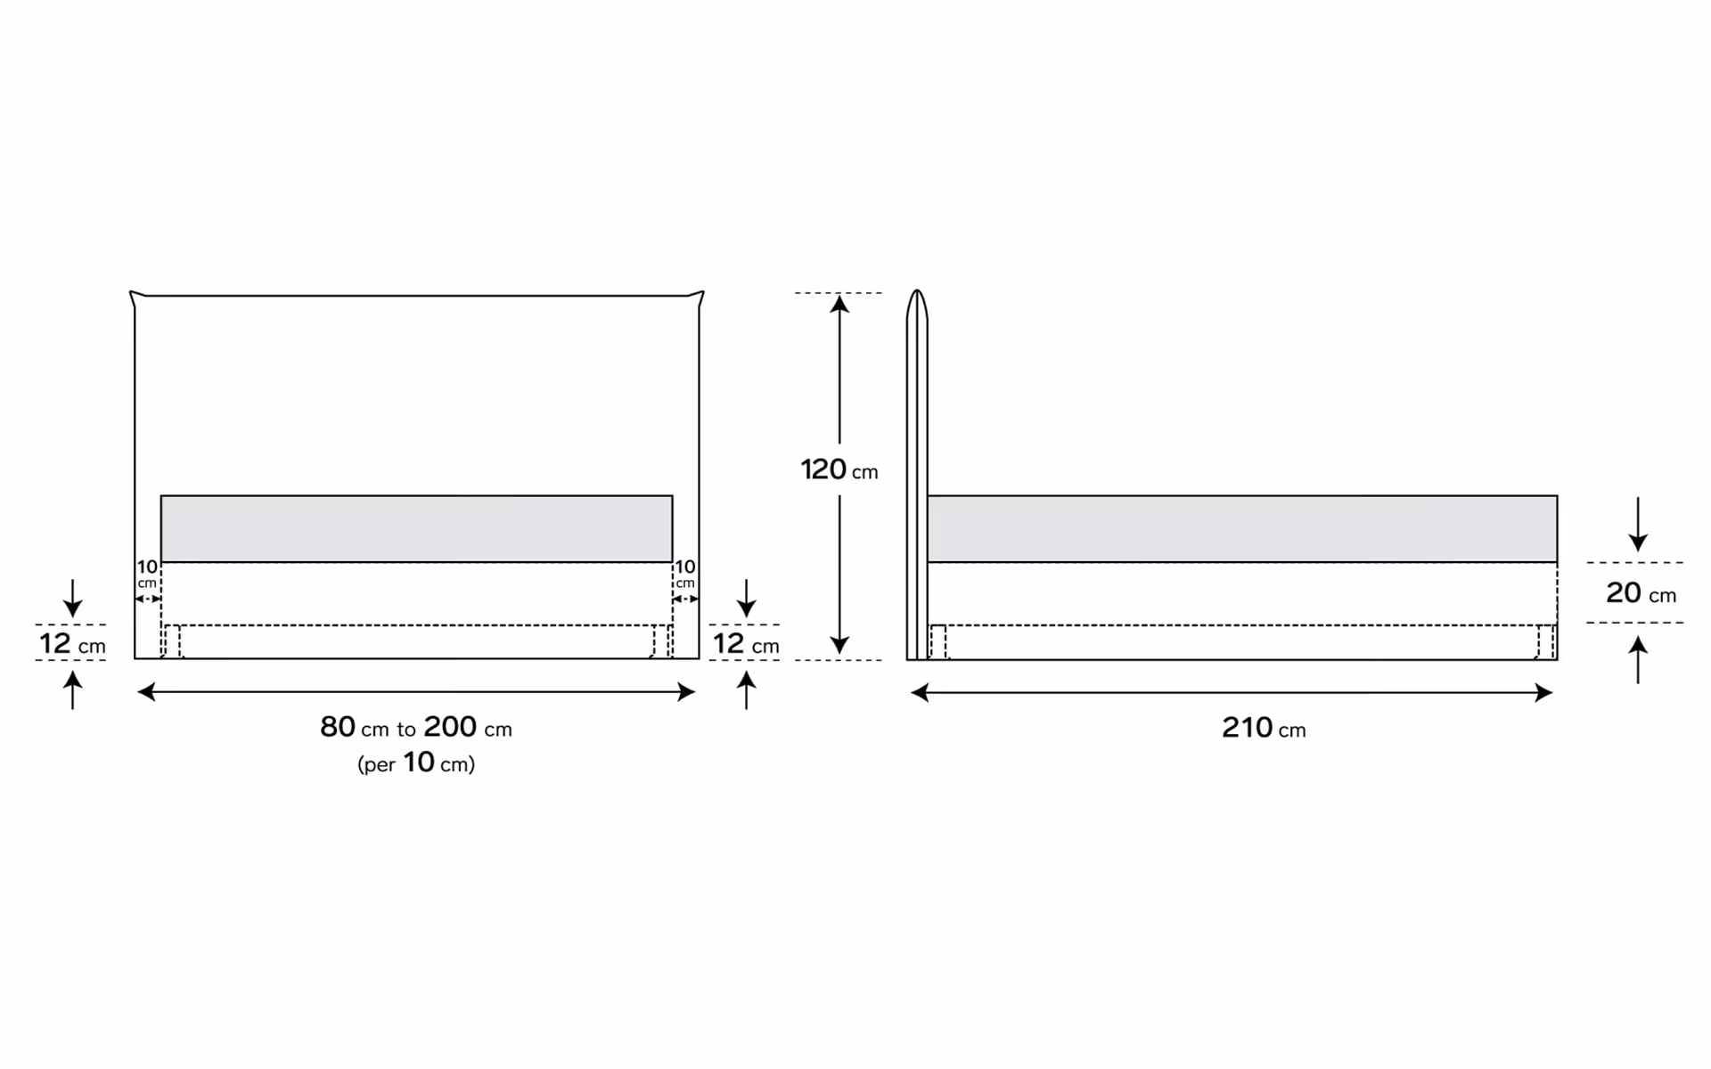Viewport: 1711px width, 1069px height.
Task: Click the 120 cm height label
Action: [839, 469]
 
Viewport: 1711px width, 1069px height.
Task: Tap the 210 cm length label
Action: [1264, 728]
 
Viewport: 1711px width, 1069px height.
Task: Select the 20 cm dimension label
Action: [1641, 592]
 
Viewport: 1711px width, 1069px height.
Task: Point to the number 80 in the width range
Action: [338, 727]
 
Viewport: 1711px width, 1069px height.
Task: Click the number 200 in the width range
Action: [450, 727]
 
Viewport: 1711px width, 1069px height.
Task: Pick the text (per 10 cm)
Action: [416, 763]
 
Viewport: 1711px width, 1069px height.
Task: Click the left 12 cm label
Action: [72, 643]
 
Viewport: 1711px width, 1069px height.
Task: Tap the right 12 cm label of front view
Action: [746, 643]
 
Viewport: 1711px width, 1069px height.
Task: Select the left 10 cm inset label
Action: [147, 573]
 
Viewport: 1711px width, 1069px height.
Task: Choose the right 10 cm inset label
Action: [684, 573]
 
